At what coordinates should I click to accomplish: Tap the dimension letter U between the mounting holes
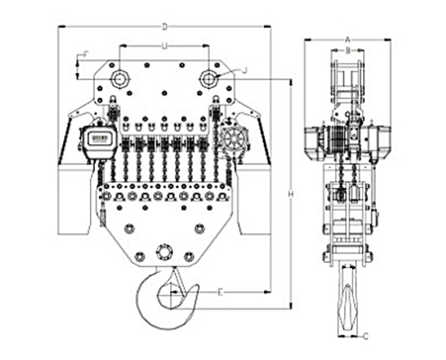coord(163,44)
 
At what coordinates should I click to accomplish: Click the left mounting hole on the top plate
coord(117,79)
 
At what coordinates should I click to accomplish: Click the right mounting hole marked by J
coord(209,79)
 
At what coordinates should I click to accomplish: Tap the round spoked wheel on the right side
coord(233,141)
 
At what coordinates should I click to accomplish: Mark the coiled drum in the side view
coord(336,139)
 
